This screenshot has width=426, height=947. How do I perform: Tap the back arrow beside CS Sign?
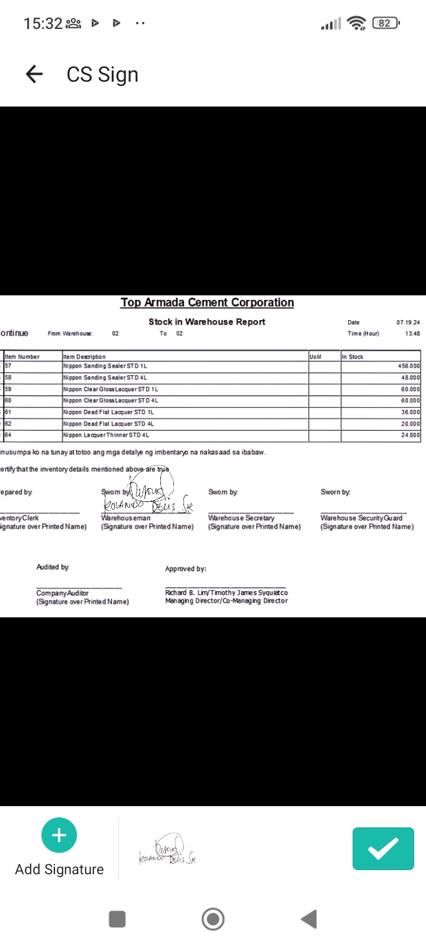click(34, 74)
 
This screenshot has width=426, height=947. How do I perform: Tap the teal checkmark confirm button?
click(383, 849)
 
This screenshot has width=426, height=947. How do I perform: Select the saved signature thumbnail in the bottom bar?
click(167, 850)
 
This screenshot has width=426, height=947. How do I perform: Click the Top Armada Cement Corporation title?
click(207, 302)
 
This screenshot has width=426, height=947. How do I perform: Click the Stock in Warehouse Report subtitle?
click(206, 322)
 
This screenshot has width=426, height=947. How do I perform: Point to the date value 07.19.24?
click(408, 323)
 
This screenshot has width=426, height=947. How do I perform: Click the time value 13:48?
click(412, 334)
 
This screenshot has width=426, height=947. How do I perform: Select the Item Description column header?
click(85, 357)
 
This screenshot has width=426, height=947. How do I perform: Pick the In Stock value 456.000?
click(409, 366)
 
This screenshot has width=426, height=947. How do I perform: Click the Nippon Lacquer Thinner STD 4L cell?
click(106, 435)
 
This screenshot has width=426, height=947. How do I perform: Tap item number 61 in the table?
click(8, 412)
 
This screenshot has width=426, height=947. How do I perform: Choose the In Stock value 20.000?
click(410, 424)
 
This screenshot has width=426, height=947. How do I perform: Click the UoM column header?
click(315, 357)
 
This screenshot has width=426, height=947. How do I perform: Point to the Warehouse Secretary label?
click(241, 518)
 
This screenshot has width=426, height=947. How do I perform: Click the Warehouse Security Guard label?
click(361, 518)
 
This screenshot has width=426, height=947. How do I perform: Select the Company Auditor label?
click(62, 593)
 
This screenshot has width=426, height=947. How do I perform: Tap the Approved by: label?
click(186, 569)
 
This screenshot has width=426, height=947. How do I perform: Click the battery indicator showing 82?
click(386, 23)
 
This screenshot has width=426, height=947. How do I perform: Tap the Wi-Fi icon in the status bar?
click(356, 23)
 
